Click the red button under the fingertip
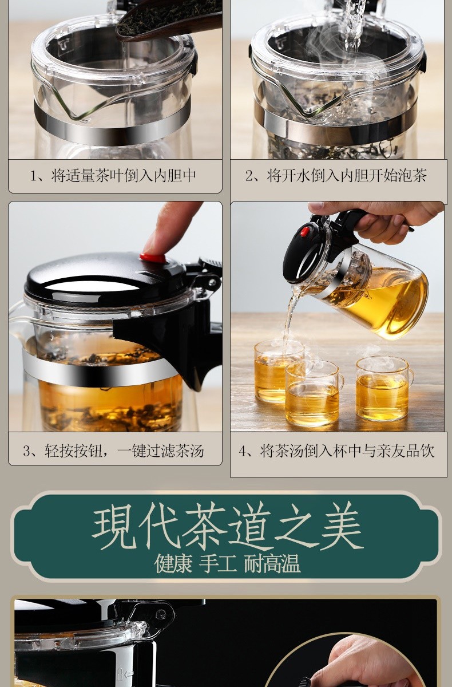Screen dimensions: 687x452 (x=153, y=258)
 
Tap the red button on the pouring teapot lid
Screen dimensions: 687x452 (x=305, y=232)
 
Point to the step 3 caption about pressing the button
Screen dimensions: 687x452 (x=113, y=451)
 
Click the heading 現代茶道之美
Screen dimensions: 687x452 (x=227, y=527)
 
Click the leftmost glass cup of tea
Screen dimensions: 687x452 (x=272, y=372)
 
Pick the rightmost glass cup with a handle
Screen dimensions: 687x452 (x=382, y=389)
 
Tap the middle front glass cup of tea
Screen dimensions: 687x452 (x=312, y=395)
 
